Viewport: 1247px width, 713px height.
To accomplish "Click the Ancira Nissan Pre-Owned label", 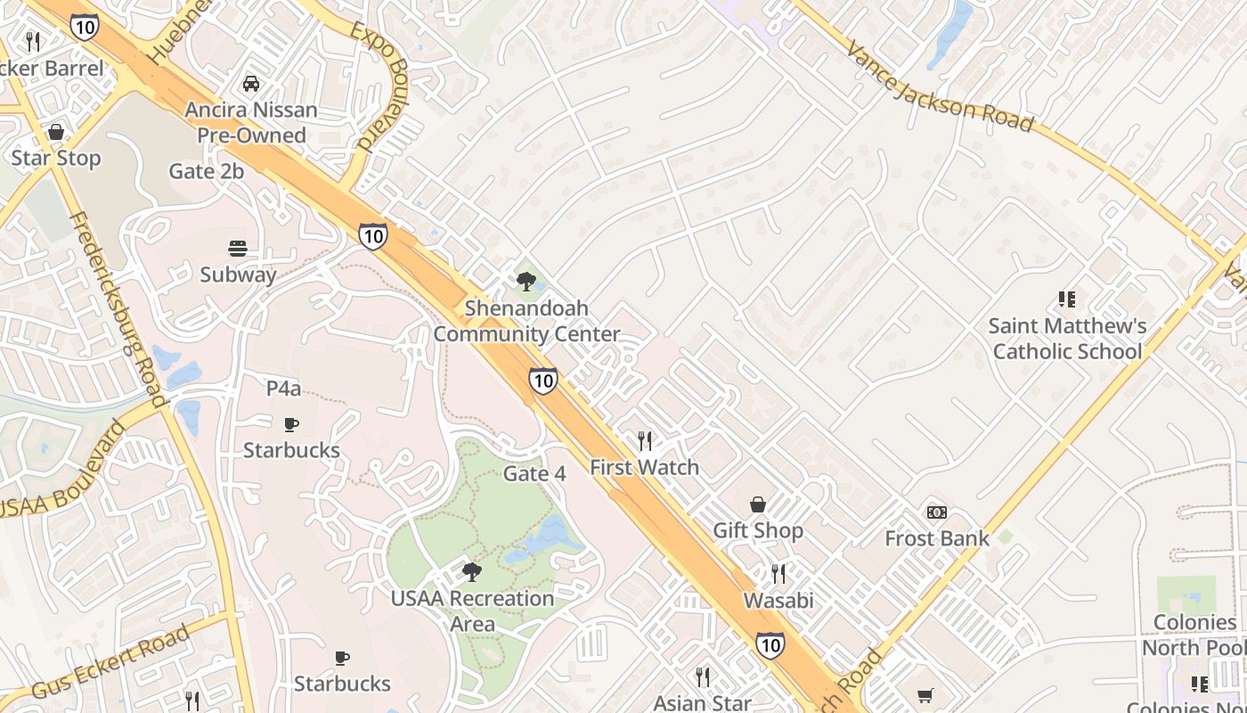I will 251,122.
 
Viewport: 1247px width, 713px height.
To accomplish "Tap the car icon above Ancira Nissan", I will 251,84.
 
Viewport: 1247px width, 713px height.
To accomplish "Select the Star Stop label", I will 56,159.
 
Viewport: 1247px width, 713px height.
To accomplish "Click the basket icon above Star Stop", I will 56,133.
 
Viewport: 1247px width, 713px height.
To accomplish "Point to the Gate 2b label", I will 207,171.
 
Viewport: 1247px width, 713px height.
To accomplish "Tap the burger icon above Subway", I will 238,249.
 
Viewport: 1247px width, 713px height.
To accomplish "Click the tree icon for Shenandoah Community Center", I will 526,282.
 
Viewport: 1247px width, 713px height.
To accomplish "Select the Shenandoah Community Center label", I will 526,321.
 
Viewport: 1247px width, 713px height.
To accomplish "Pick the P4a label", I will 284,389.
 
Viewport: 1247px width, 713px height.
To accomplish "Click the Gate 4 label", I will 534,473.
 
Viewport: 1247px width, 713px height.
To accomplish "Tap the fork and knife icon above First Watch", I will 645,440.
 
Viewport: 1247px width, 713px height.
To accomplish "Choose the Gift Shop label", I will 758,530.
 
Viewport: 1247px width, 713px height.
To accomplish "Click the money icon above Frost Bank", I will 937,512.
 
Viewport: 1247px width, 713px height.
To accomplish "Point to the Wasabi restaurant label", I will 778,600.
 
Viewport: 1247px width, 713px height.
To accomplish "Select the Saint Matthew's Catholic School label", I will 1067,339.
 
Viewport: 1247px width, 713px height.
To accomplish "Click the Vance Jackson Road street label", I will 939,86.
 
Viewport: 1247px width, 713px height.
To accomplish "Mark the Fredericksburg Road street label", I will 119,310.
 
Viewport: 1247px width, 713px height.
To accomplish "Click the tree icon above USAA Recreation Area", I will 472,571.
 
